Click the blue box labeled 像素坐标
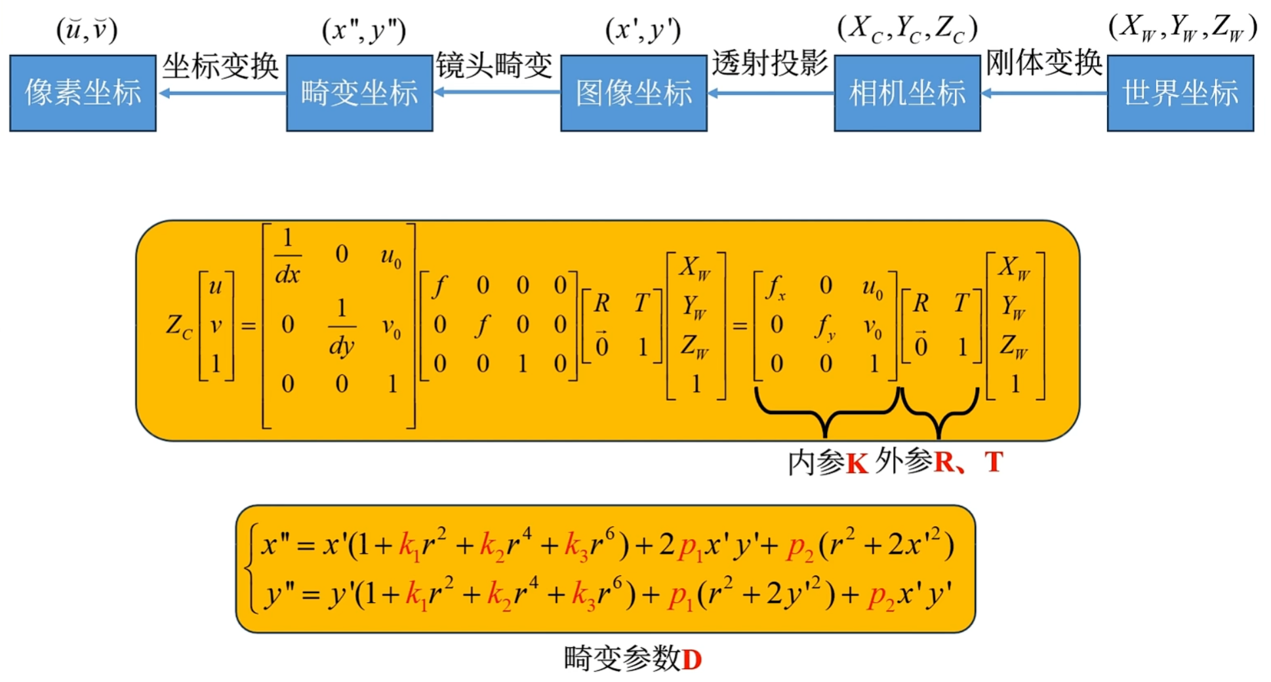pyautogui.click(x=83, y=93)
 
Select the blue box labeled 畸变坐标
pyautogui.click(x=359, y=93)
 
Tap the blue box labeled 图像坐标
pyautogui.click(x=634, y=93)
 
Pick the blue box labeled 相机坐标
pyautogui.click(x=907, y=93)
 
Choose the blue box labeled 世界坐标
pyautogui.click(x=1180, y=93)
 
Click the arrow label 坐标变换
pyautogui.click(x=220, y=67)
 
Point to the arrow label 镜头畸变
pyautogui.click(x=494, y=66)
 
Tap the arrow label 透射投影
pyautogui.click(x=770, y=64)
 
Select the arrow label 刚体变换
pyautogui.click(x=1043, y=63)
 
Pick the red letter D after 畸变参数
pyautogui.click(x=692, y=660)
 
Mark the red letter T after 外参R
pyautogui.click(x=994, y=462)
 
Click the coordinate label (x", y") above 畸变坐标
pyautogui.click(x=364, y=30)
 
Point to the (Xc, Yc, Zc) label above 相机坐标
pyautogui.click(x=907, y=29)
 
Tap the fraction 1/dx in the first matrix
pyautogui.click(x=287, y=256)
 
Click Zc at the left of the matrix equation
pyautogui.click(x=178, y=326)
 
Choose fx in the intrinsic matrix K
pyautogui.click(x=775, y=287)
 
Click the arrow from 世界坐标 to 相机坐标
pyautogui.click(x=1044, y=94)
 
